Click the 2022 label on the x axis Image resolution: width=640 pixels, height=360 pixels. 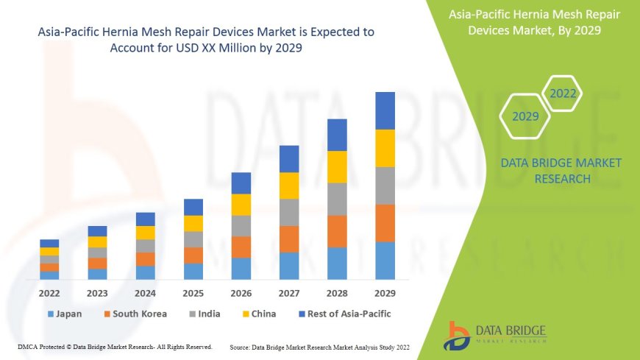(x=49, y=292)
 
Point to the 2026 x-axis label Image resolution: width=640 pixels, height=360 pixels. (x=241, y=292)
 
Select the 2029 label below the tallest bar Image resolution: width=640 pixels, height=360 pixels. (x=385, y=292)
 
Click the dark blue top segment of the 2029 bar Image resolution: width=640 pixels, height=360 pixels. (x=385, y=110)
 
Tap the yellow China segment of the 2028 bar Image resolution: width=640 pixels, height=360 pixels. (x=337, y=166)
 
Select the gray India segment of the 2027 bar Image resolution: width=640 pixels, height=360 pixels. (x=289, y=212)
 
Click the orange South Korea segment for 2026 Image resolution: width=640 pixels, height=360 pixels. (x=241, y=247)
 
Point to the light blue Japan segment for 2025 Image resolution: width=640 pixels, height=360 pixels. (x=193, y=271)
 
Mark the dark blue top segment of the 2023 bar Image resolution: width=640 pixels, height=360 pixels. (x=97, y=231)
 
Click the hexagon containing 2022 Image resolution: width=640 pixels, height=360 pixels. (x=563, y=93)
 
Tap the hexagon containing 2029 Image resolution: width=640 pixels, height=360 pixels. (x=525, y=116)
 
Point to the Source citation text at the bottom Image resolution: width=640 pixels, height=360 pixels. (x=319, y=347)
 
